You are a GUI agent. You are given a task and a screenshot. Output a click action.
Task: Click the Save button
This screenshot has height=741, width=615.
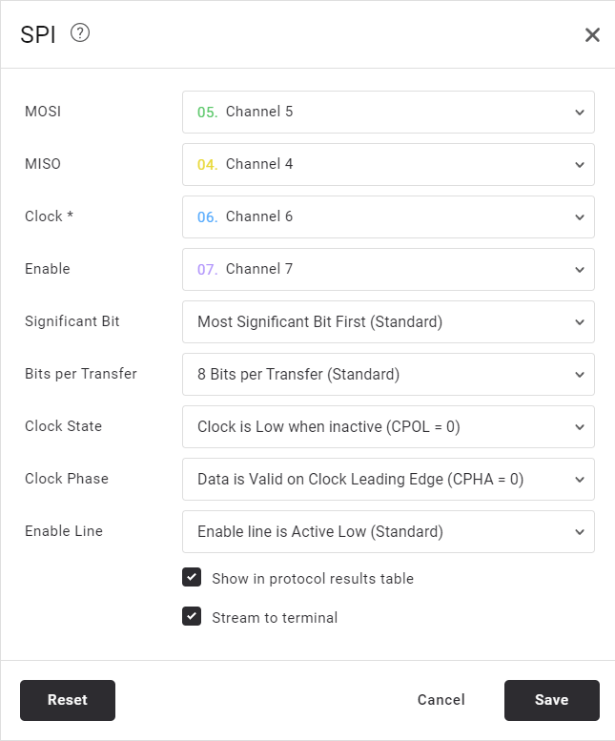coord(552,700)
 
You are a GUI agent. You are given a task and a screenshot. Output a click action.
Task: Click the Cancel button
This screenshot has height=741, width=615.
coord(441,700)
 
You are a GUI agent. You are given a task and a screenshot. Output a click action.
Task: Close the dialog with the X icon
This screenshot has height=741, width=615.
coord(592,34)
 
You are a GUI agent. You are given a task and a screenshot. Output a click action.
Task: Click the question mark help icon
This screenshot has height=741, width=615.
coord(80,33)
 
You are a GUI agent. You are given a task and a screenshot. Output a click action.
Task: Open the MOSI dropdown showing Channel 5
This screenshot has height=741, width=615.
coord(388,112)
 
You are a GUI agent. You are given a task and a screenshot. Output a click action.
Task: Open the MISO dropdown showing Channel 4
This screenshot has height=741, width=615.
coord(388,164)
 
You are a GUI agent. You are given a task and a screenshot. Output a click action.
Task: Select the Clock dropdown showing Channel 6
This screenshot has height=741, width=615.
coord(388,216)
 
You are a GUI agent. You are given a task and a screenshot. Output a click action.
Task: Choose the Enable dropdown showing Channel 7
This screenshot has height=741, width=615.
coord(388,269)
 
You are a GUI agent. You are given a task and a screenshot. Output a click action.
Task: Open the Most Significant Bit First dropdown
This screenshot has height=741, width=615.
coord(388,321)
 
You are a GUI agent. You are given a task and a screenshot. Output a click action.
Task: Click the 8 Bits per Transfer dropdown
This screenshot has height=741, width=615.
coord(388,374)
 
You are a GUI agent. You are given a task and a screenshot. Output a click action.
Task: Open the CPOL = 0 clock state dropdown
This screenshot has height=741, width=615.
coord(388,426)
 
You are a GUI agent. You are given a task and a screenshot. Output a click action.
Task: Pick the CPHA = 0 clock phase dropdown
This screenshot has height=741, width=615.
coord(388,479)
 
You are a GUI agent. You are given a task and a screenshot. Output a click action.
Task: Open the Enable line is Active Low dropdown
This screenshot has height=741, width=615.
coord(388,531)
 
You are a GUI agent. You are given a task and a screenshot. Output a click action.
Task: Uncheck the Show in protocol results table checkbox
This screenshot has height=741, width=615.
coord(192,577)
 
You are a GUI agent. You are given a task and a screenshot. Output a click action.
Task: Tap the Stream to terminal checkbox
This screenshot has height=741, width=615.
coord(192,616)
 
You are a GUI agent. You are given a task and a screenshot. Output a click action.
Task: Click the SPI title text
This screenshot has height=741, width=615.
coord(38,35)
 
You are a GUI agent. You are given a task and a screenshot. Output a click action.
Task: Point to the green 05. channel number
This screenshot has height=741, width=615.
coord(207,112)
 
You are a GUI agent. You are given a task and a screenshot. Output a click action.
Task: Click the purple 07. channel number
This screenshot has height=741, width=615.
coord(207,269)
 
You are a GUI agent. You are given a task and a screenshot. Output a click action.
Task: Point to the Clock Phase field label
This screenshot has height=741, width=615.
coord(67,478)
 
